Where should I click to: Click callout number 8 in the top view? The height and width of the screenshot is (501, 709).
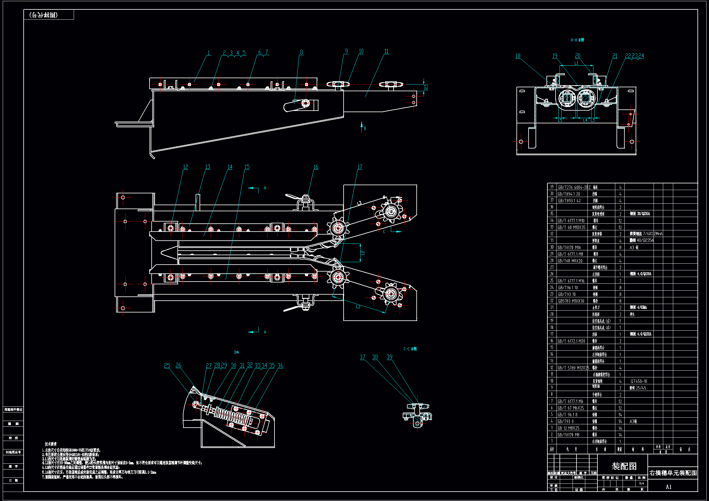point(301,52)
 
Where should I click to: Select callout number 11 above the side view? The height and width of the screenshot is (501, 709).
point(386,51)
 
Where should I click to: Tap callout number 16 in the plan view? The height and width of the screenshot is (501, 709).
point(316,167)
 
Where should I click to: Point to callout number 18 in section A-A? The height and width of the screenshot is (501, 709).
point(518,56)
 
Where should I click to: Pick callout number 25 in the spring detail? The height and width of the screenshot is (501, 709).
point(167,366)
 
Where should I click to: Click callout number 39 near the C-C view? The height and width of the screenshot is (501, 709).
point(389,357)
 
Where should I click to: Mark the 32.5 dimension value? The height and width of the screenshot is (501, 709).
point(426,87)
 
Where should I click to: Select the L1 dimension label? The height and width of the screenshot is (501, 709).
point(576,63)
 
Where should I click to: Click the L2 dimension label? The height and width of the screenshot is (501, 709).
point(362,253)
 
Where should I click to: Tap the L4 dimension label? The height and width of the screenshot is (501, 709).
point(585,120)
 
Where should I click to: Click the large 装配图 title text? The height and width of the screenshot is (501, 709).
point(624,466)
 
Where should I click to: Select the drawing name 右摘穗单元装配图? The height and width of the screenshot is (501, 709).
point(673,473)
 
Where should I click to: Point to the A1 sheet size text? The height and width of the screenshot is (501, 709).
point(669,487)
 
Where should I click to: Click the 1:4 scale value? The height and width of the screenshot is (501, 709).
point(641,483)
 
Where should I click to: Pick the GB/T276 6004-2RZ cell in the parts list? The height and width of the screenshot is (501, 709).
point(574,187)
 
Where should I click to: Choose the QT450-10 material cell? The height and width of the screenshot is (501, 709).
point(639,381)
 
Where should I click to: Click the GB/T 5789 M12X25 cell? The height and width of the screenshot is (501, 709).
point(573,368)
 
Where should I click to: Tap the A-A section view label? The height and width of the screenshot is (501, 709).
point(577,40)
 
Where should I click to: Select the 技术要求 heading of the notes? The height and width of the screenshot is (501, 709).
point(51,444)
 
